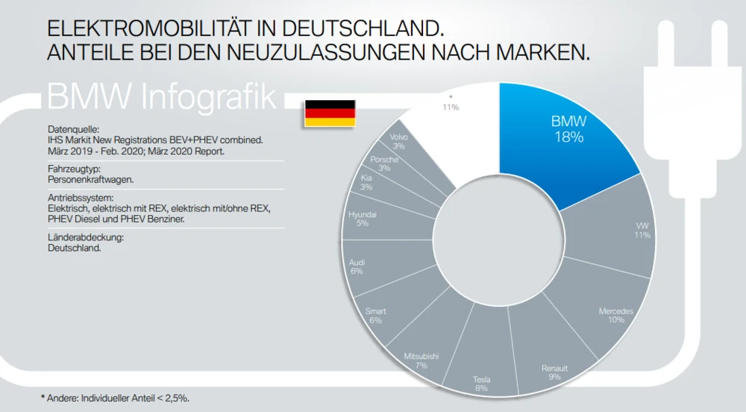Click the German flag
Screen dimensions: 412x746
(329, 112)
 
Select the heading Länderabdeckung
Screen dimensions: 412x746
(84, 237)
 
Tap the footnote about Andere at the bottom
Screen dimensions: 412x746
(115, 399)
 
